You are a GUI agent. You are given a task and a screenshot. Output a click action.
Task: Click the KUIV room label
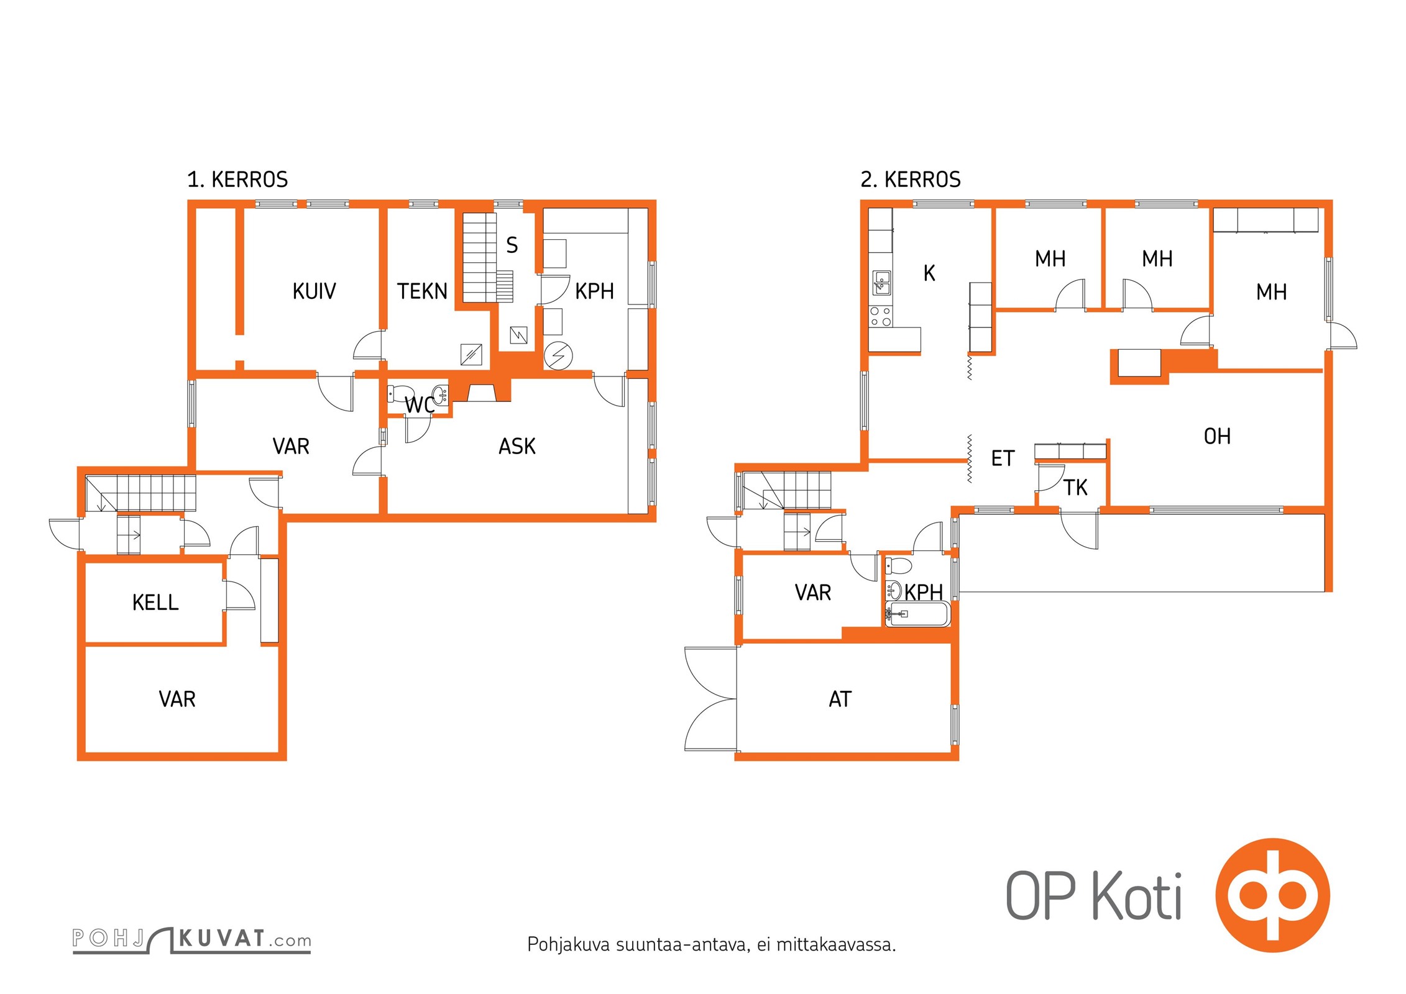tap(314, 291)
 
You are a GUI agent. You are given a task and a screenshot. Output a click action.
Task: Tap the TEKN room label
tap(422, 291)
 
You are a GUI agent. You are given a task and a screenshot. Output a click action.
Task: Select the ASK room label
tap(517, 446)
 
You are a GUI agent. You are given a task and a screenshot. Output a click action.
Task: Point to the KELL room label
tap(155, 602)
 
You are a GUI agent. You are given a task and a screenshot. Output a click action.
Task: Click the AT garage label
tap(840, 699)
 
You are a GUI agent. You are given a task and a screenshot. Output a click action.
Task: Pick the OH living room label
tap(1217, 436)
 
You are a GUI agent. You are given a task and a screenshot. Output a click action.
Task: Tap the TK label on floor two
tap(1075, 488)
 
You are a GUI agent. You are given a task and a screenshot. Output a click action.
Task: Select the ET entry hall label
tap(1003, 458)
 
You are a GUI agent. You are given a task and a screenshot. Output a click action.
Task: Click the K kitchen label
tap(929, 273)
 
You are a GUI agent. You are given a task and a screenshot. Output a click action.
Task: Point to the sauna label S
tap(512, 245)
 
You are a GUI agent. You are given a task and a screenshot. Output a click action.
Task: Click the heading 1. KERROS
tap(237, 180)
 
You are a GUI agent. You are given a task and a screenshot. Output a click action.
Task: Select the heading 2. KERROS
tap(911, 180)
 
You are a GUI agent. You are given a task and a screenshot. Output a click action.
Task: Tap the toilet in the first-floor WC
tap(400, 394)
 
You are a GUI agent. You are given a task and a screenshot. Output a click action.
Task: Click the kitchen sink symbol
tap(881, 283)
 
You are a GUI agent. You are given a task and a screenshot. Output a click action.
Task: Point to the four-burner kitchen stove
tap(881, 316)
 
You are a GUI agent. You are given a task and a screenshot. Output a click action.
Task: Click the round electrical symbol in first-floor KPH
tap(558, 356)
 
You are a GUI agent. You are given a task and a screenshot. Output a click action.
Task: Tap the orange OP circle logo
tap(1273, 895)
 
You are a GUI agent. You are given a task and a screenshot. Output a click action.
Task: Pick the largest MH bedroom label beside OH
tap(1271, 292)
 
